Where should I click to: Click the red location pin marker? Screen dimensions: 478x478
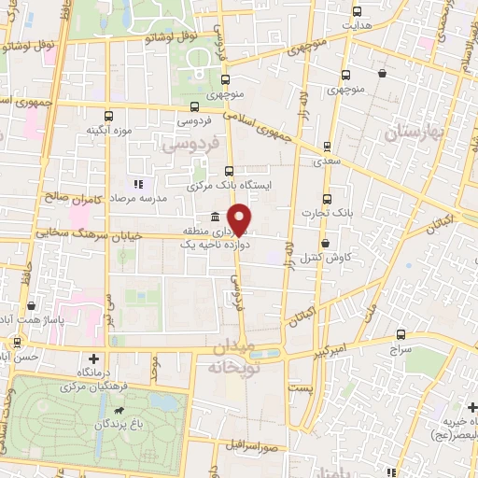[x=240, y=218]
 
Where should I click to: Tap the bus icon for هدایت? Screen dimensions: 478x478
[x=357, y=12]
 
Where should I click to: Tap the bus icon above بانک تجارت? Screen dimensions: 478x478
[x=327, y=199]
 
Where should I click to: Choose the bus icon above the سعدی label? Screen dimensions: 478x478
[x=327, y=146]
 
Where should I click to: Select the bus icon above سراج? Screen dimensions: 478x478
[x=401, y=333]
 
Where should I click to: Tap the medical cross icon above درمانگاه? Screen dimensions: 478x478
[x=93, y=358]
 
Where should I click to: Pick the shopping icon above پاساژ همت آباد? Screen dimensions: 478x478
[x=31, y=305]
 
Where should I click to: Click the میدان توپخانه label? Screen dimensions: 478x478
[x=226, y=358]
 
